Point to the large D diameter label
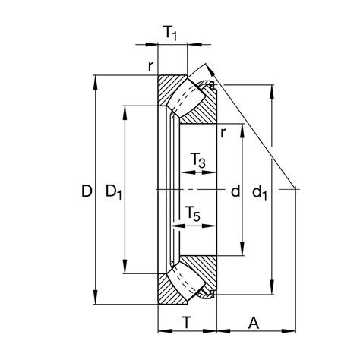click(x=85, y=192)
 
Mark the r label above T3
click(x=222, y=134)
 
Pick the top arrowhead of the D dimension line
click(x=96, y=78)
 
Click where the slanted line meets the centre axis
click(x=294, y=188)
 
